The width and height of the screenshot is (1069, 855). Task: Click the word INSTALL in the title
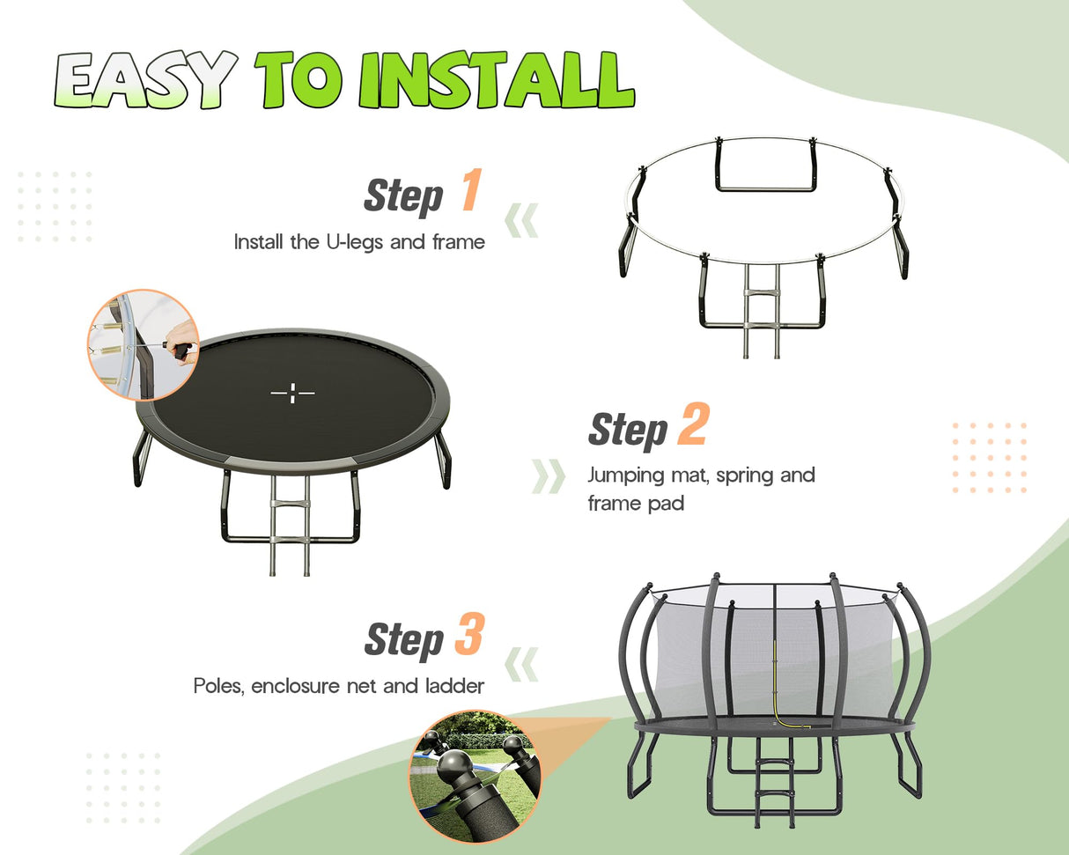pos(497,81)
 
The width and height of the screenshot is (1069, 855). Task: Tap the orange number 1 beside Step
pos(470,191)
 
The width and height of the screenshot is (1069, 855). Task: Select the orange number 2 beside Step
pos(692,425)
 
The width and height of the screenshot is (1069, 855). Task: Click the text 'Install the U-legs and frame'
pos(359,241)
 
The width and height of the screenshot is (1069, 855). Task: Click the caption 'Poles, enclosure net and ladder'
pos(339,685)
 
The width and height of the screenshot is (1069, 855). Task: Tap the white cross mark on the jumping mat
pos(292,394)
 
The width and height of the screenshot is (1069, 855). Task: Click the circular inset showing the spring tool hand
pos(143,345)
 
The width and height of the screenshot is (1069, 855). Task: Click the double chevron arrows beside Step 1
pos(521,220)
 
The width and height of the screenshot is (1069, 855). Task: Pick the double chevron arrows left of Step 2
pos(549,475)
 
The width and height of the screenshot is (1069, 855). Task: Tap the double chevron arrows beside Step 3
pos(521,663)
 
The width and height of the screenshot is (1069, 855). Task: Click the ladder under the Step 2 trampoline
pos(290,524)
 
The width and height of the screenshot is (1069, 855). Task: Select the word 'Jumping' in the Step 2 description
pos(624,475)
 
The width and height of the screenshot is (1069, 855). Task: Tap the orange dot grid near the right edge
pos(989,457)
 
